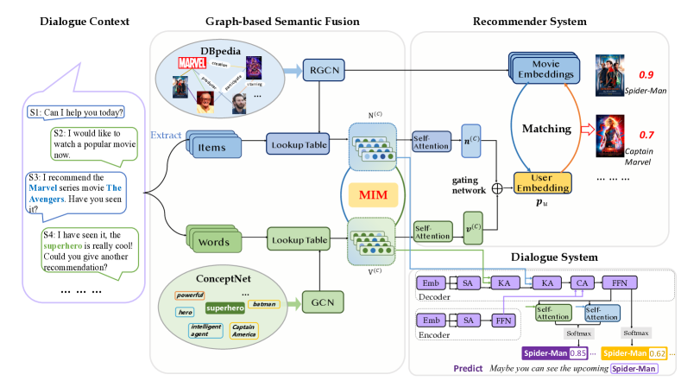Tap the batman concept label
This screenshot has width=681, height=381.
(x=262, y=303)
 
